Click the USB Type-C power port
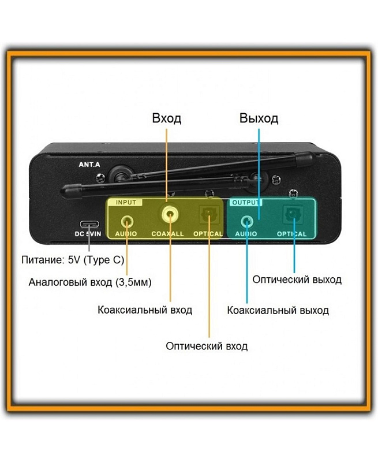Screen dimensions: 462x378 (x=89, y=224)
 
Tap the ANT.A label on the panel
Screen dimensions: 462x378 (x=89, y=165)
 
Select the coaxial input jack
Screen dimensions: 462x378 (x=170, y=215)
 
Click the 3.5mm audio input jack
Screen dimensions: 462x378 (x=126, y=221)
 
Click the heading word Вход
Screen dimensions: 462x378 (x=166, y=119)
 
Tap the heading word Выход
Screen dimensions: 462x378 (x=259, y=119)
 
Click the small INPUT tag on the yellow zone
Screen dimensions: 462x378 (x=126, y=203)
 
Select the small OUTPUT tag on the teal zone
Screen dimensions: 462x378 (x=246, y=203)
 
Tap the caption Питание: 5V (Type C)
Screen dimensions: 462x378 (x=72, y=260)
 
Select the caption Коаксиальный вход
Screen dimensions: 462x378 (x=145, y=310)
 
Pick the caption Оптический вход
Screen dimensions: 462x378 (x=207, y=346)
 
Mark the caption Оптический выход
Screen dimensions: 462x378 (x=297, y=280)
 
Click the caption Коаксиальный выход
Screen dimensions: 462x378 (x=278, y=310)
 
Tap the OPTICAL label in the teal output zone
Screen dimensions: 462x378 (x=291, y=234)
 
